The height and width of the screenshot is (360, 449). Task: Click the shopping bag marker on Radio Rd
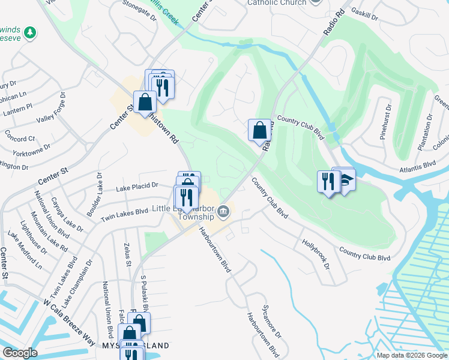point(259,130)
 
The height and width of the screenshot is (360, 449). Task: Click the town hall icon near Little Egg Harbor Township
point(223,211)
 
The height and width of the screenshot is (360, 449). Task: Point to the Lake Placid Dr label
point(137,187)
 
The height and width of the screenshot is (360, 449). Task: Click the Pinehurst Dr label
point(385,122)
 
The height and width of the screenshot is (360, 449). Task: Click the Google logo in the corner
point(20,353)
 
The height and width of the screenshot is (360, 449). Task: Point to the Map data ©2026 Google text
point(411,355)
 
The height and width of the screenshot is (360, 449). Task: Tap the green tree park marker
point(29,32)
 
